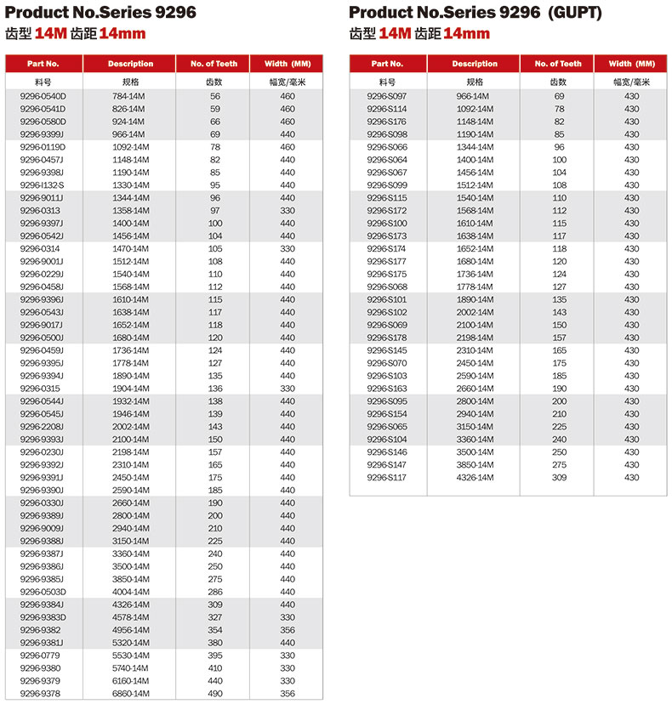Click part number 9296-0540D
click(43, 96)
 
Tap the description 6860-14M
click(130, 694)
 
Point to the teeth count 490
click(215, 694)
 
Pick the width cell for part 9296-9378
click(288, 694)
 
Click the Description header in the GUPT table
click(475, 64)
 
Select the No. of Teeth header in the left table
click(214, 64)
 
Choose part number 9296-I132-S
click(43, 185)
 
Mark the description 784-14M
click(130, 96)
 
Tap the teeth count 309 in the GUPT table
click(559, 478)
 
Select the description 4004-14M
click(130, 592)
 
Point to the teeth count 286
click(215, 592)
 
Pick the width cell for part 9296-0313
click(288, 211)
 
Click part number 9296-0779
click(43, 656)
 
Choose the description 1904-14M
click(130, 389)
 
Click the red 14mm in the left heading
click(122, 34)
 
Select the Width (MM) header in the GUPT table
click(632, 64)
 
